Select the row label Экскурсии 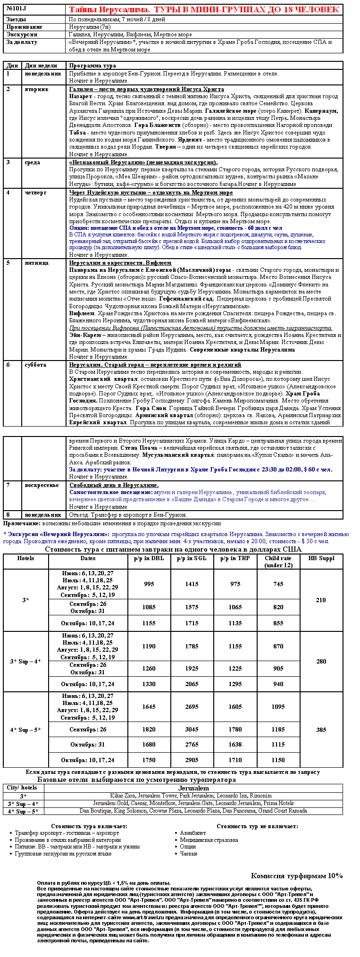(x=22, y=34)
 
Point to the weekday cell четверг (x=36, y=193)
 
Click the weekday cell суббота (x=35, y=365)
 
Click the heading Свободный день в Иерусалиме (x=114, y=485)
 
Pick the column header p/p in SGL (x=192, y=558)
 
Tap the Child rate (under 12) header (x=278, y=562)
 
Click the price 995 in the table (x=149, y=584)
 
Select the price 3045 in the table (x=192, y=729)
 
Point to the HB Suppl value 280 (x=321, y=661)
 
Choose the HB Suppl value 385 (x=321, y=730)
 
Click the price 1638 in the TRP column (x=235, y=744)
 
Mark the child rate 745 (x=278, y=584)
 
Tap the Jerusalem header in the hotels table (x=193, y=788)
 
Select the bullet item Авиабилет (x=193, y=833)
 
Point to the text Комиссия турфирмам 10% (x=296, y=876)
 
